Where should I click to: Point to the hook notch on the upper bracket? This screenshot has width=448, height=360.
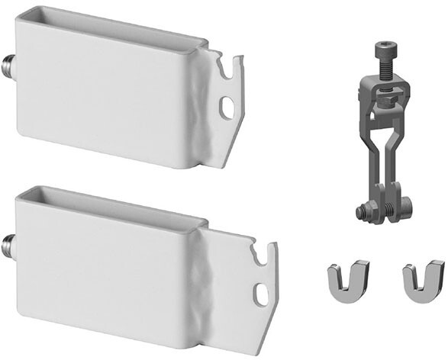(228, 71)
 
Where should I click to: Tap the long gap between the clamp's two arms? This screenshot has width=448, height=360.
(385, 153)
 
